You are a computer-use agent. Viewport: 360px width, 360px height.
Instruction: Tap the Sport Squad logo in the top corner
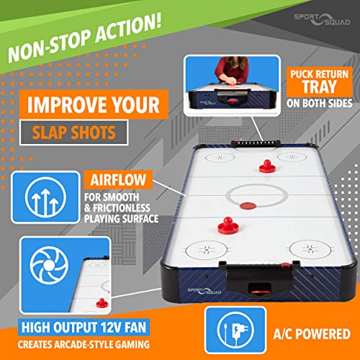click(x=322, y=19)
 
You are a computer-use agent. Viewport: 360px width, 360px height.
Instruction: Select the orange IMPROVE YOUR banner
click(x=94, y=104)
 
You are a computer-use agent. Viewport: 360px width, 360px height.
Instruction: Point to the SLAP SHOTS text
click(x=74, y=132)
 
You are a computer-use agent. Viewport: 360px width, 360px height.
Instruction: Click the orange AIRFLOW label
click(x=118, y=180)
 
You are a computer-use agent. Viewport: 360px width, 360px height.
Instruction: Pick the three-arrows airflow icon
click(x=45, y=197)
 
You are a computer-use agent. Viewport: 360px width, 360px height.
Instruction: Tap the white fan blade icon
click(x=49, y=265)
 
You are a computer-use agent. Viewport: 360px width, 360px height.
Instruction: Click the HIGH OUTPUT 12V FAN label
click(x=84, y=327)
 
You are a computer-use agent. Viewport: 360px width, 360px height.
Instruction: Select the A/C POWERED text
click(x=312, y=334)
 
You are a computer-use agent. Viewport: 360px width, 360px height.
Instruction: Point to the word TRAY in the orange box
click(x=319, y=86)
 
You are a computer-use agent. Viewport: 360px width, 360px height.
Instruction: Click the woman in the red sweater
click(x=232, y=70)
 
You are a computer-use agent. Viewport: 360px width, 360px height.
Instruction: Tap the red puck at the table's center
click(x=248, y=206)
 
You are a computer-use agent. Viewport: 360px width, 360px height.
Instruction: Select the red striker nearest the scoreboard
click(x=267, y=166)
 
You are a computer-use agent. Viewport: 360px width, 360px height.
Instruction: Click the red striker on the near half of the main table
click(x=228, y=225)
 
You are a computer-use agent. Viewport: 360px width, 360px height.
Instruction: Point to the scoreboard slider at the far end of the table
click(x=256, y=143)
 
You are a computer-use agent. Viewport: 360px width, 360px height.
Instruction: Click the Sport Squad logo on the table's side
click(x=204, y=291)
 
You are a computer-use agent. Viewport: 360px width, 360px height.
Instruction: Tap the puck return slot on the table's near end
click(x=260, y=288)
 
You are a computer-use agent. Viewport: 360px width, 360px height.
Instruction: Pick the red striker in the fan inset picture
click(x=102, y=303)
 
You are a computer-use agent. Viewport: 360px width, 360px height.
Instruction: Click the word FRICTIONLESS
click(x=122, y=208)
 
